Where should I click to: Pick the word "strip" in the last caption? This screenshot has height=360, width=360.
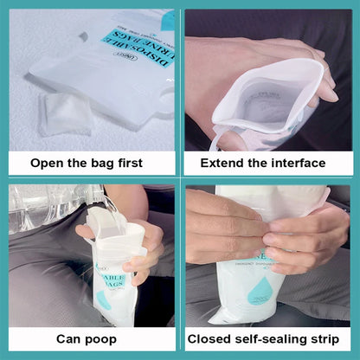(331, 339)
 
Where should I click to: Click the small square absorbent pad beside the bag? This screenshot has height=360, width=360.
(64, 113)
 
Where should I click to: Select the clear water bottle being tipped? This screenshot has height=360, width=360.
(52, 208)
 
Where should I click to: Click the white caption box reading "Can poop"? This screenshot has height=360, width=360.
(91, 339)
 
